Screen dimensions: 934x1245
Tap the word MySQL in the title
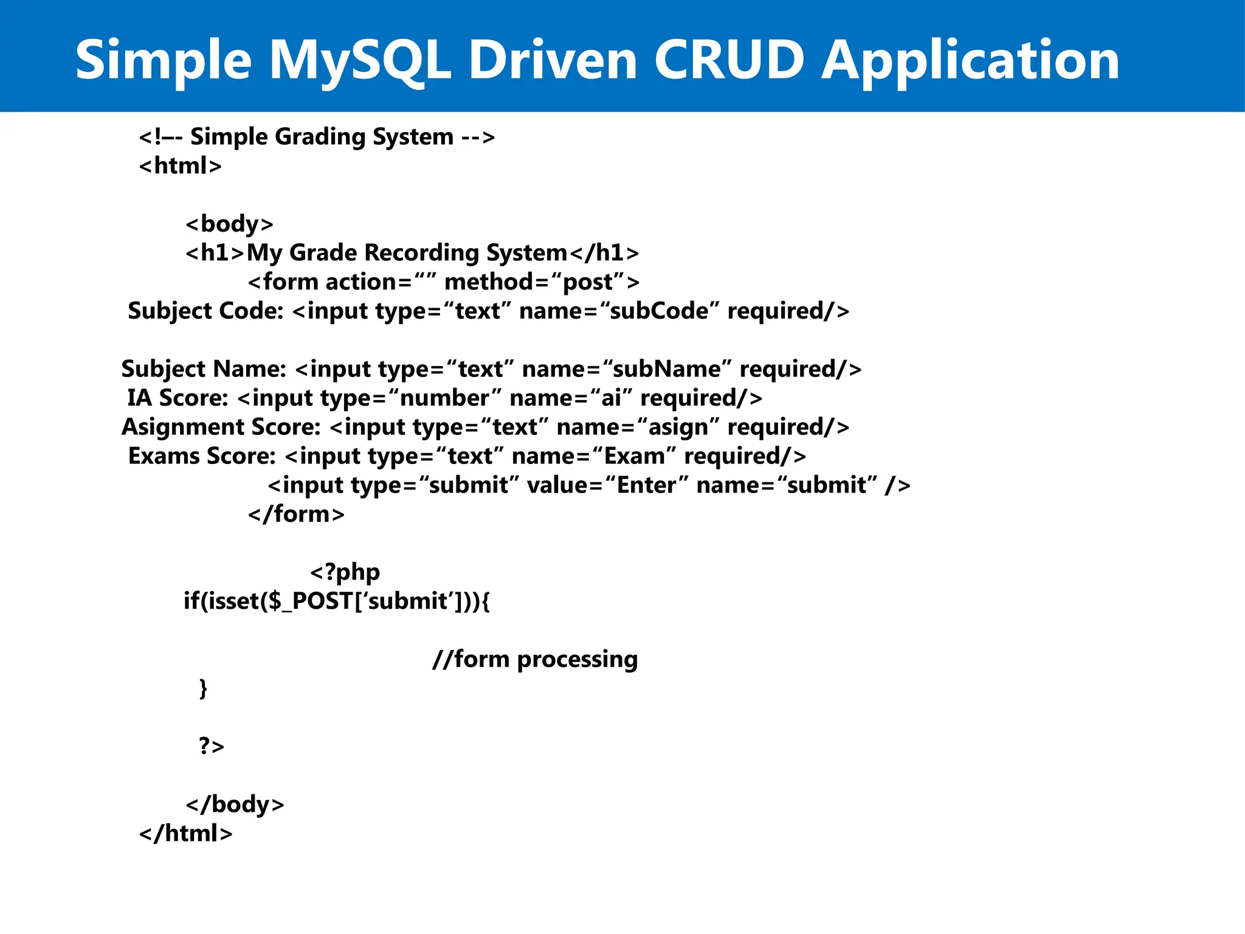pos(360,60)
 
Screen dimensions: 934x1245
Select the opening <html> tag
pos(181,166)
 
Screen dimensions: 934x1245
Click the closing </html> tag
pos(185,834)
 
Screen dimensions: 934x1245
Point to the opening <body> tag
pos(229,224)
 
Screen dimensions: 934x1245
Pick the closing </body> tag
pos(235,804)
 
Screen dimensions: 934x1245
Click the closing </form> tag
pos(296,514)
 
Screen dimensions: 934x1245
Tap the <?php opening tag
pos(345,572)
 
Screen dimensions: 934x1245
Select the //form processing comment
pos(535,659)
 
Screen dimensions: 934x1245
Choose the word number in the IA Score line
pos(444,398)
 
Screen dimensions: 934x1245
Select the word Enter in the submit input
pos(647,485)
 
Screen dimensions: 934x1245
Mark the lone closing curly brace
pos(203,688)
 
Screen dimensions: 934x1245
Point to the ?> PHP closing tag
pos(211,746)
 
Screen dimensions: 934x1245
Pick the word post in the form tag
pos(588,282)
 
